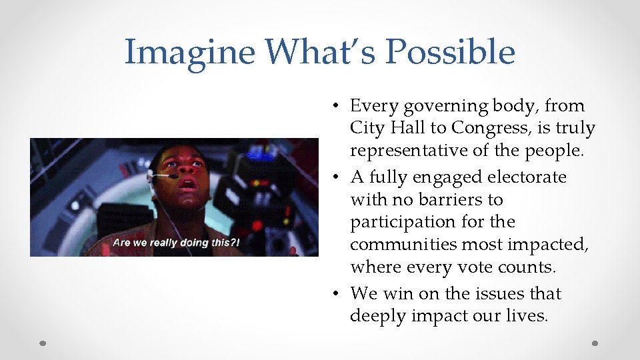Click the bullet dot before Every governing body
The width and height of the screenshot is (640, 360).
click(x=339, y=106)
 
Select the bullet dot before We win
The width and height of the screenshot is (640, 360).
click(x=339, y=294)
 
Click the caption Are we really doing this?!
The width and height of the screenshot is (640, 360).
click(x=176, y=242)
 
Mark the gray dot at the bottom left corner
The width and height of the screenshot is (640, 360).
click(x=43, y=343)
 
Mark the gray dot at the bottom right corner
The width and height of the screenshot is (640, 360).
click(x=595, y=343)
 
